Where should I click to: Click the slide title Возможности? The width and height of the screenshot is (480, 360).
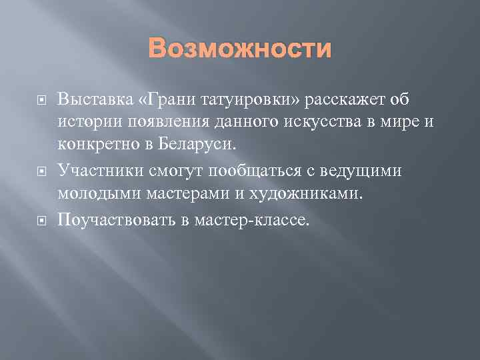[240, 49]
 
